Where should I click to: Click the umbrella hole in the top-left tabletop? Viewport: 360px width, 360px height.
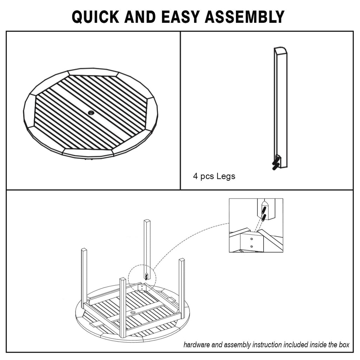[91, 113]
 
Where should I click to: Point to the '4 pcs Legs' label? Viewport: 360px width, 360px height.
[214, 176]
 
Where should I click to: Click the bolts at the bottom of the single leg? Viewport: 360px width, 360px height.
[276, 163]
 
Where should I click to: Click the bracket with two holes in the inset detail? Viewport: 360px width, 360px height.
[252, 242]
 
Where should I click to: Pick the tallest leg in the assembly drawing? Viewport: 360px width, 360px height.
[147, 246]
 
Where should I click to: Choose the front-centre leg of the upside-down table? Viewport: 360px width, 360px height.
[123, 306]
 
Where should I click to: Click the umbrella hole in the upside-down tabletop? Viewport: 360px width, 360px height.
[133, 312]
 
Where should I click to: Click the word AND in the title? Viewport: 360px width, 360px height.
[140, 17]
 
